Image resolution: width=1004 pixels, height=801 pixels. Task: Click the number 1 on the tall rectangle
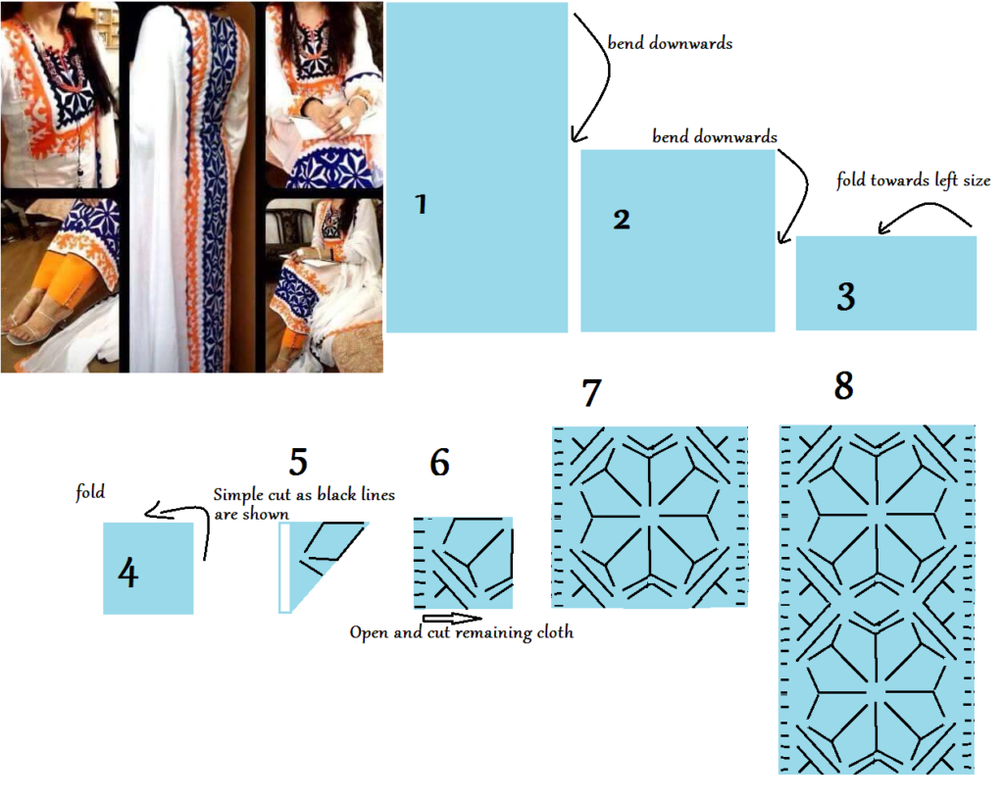coord(421,205)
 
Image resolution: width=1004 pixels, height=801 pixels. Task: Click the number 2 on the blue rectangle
coord(621,220)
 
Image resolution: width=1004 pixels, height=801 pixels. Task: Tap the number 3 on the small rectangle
coord(846,296)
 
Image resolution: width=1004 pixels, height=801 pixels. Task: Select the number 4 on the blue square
coord(127,573)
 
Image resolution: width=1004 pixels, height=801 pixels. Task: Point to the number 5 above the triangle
coord(299,461)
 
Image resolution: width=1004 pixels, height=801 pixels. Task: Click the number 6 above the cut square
coord(439,462)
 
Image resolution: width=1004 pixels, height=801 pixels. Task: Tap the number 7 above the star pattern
coord(590,392)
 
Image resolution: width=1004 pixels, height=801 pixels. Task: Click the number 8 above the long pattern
coord(843,386)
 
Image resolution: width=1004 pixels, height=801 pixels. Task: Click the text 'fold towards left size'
coord(913,180)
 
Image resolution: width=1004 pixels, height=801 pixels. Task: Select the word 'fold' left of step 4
coord(90,492)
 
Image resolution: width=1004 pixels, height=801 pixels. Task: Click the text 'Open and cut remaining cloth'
coord(461,633)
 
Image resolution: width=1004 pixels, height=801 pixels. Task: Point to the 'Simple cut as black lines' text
coord(304,495)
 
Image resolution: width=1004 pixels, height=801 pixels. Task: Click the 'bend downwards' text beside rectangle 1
coord(670,44)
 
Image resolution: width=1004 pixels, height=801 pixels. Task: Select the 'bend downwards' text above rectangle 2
coord(715,137)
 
